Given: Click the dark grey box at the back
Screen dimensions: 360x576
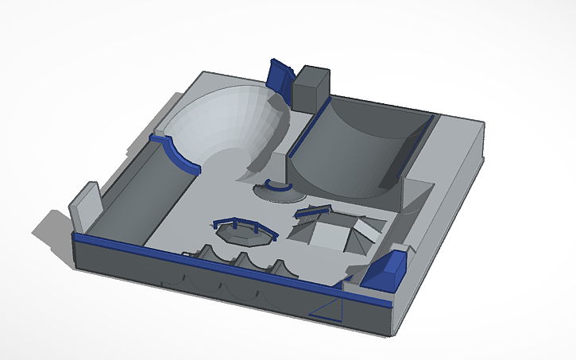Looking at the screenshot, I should point(311,87).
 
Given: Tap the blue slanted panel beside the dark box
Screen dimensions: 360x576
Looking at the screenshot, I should point(280,76).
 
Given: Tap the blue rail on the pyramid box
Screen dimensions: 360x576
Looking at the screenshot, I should point(312,211).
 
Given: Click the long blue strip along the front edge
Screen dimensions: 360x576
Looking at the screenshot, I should point(199,259).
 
